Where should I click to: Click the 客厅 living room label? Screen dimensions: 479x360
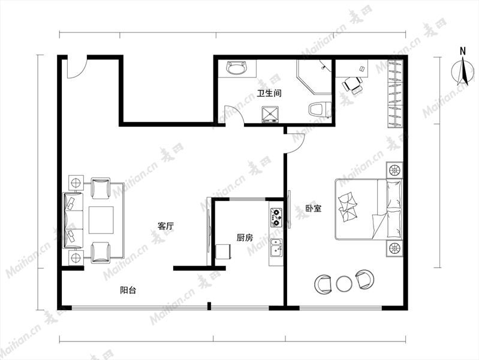(165, 226)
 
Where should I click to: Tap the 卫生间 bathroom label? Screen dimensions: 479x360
(269, 93)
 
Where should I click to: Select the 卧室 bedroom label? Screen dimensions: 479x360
(314, 209)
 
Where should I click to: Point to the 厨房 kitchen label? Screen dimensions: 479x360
(245, 238)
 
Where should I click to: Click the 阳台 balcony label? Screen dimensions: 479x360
(128, 290)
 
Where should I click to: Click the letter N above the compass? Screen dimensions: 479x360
(463, 51)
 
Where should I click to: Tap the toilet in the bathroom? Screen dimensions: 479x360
(320, 109)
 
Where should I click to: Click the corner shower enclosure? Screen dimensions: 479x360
(314, 77)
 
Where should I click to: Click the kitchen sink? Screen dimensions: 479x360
(276, 248)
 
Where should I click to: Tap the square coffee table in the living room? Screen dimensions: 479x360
(101, 220)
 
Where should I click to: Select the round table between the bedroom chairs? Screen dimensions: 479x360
(344, 284)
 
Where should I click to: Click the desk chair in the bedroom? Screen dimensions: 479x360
(353, 84)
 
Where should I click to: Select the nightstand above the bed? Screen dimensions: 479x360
(394, 170)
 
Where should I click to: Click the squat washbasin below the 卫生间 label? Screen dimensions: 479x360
(270, 115)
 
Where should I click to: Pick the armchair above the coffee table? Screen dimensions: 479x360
(101, 188)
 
